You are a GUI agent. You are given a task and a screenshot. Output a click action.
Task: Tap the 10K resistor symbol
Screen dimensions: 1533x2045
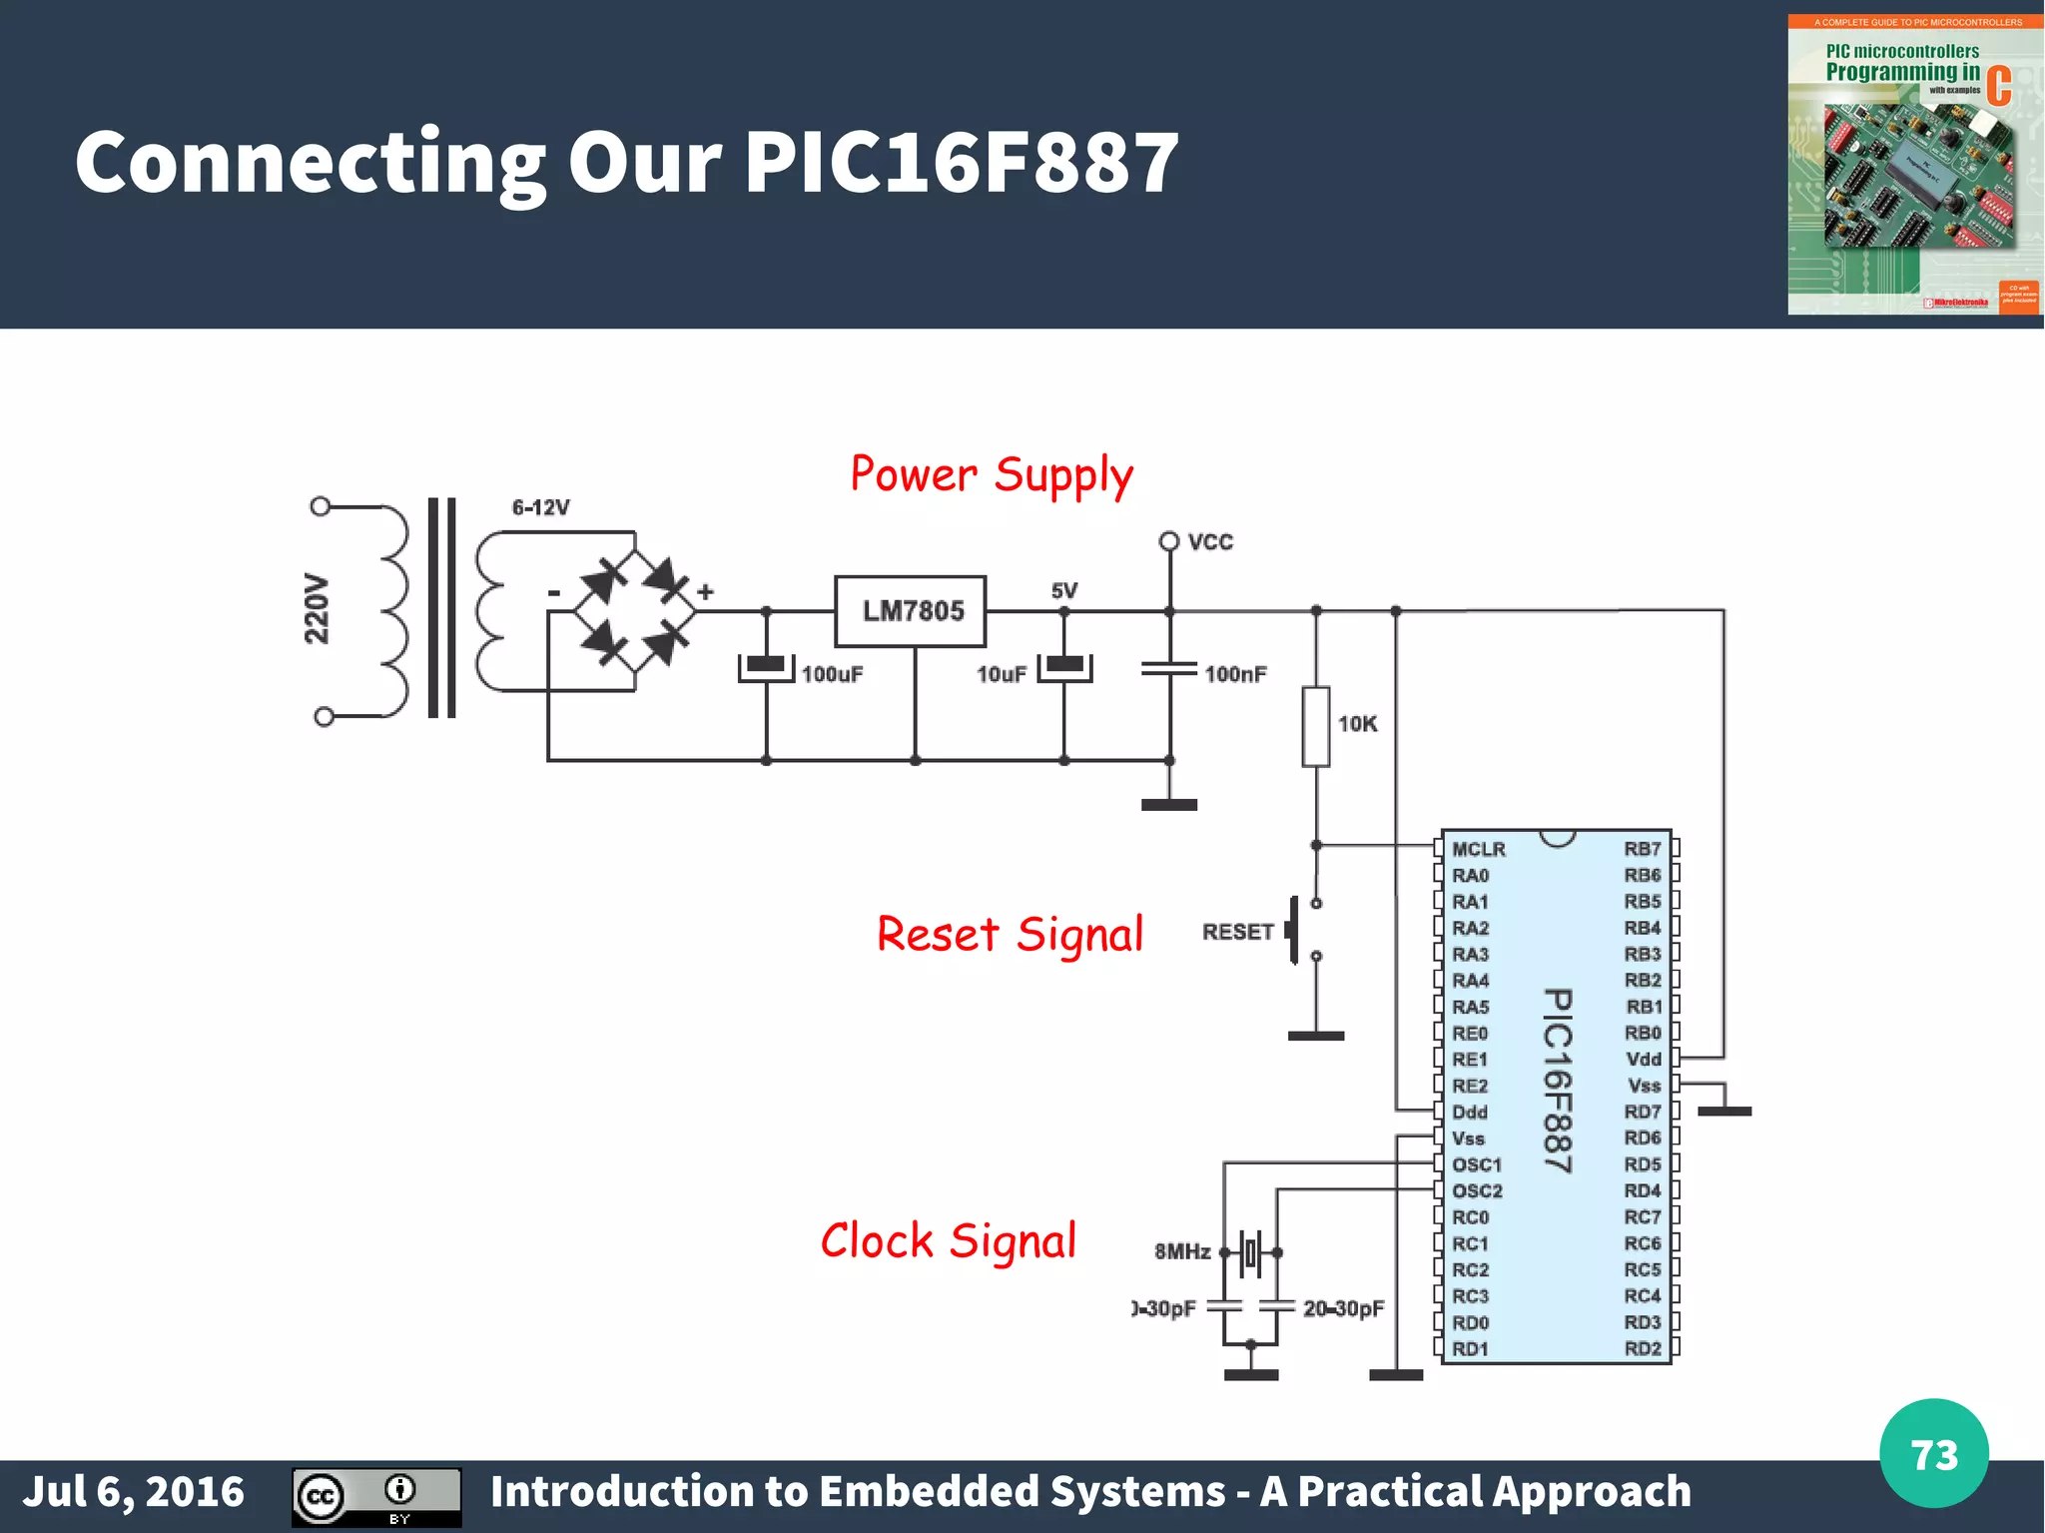click(x=1316, y=726)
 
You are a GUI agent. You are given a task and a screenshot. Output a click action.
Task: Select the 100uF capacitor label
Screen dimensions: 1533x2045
click(x=832, y=674)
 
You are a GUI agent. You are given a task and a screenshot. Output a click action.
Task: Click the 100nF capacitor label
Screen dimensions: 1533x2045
click(x=1235, y=674)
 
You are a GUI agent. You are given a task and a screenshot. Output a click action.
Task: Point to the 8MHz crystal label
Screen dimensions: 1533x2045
click(x=1182, y=1251)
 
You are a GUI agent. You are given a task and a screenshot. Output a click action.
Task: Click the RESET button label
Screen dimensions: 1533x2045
click(x=1237, y=932)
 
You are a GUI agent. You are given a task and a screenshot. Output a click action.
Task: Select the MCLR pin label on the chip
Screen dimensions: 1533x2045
click(x=1478, y=849)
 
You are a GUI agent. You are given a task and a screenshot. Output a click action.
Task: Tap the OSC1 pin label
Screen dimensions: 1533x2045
click(x=1476, y=1164)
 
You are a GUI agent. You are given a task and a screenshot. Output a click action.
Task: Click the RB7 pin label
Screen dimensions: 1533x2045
click(x=1643, y=849)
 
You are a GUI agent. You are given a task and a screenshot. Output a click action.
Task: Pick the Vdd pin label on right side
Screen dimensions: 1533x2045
click(x=1644, y=1060)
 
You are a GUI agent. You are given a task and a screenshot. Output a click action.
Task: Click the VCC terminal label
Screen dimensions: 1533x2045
click(x=1210, y=542)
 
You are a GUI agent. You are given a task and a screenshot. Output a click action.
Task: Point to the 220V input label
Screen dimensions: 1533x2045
click(x=317, y=608)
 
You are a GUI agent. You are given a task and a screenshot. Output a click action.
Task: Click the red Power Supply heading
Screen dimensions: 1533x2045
click(x=992, y=475)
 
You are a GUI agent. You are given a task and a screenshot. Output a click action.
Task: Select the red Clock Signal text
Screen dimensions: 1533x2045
click(x=948, y=1241)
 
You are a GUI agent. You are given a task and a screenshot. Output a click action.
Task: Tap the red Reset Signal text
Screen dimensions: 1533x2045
click(x=1010, y=935)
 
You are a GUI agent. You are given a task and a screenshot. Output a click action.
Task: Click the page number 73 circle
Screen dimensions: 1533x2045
click(x=1933, y=1454)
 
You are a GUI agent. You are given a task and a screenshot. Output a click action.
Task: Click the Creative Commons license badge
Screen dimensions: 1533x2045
click(x=376, y=1496)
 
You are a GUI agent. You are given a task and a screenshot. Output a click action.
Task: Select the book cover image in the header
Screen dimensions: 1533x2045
click(x=1914, y=165)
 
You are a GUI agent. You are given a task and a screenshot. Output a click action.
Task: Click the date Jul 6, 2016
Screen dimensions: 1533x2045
click(x=133, y=1491)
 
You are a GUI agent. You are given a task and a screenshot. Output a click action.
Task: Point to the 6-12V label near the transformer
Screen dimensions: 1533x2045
click(x=540, y=507)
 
